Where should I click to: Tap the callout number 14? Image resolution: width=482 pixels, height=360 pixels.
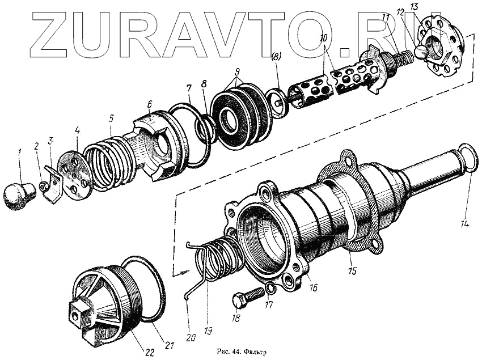point(464,223)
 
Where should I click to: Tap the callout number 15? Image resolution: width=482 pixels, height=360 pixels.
point(352,271)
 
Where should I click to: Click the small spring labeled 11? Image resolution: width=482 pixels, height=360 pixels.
point(401,58)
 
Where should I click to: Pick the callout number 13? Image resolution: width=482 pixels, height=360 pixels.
point(429,7)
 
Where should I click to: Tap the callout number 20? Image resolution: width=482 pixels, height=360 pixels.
point(191,337)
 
